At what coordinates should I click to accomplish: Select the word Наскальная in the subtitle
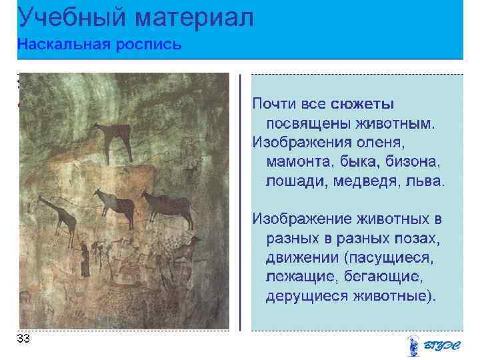click(56, 45)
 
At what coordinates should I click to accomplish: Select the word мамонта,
click(297, 163)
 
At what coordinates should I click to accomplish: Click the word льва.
click(426, 182)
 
